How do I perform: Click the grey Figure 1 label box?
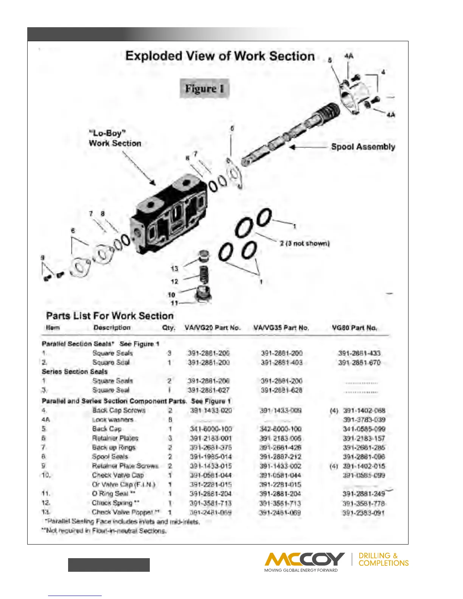tap(205, 89)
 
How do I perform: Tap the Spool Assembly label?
tap(363, 147)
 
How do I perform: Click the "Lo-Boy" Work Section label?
tap(115, 138)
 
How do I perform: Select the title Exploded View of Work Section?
tap(220, 56)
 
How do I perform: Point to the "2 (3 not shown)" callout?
tap(305, 243)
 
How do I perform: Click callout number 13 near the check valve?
tap(174, 268)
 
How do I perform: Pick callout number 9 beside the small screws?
tap(43, 258)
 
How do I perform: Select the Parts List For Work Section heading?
tap(110, 316)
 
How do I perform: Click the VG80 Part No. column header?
tap(354, 328)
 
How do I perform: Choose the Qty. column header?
tap(169, 328)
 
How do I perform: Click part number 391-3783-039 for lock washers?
tap(364, 420)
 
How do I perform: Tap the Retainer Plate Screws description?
tap(125, 466)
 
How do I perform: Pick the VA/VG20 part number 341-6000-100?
tap(211, 429)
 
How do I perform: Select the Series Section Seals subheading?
tap(75, 372)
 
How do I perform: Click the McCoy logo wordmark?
tap(305, 559)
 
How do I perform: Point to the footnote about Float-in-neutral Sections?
tap(104, 531)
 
